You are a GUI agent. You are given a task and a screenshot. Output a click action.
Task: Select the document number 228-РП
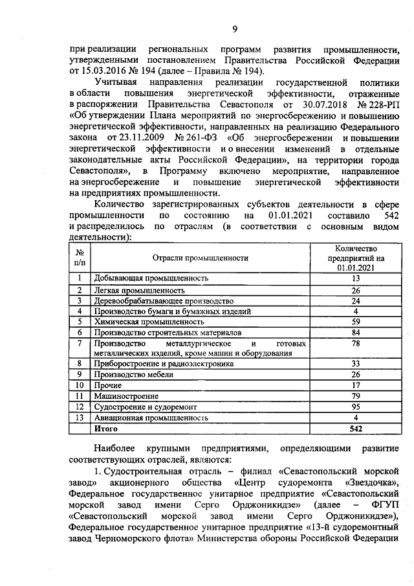379,105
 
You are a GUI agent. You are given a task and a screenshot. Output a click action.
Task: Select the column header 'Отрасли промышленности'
200,258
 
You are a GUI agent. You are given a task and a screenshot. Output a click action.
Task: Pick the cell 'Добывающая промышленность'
151,278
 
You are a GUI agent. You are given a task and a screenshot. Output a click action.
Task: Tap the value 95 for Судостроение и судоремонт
354,407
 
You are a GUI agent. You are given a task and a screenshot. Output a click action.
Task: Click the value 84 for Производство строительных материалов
354,333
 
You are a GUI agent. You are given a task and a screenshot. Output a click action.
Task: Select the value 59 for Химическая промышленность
354,321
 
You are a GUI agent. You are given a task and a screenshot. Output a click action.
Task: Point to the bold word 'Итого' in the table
105,429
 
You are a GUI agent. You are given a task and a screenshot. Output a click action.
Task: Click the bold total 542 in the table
354,429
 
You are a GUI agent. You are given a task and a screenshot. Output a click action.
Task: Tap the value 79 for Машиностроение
354,396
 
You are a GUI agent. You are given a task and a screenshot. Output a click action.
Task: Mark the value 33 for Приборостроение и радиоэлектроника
354,364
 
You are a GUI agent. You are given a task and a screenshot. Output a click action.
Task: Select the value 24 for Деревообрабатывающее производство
354,300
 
